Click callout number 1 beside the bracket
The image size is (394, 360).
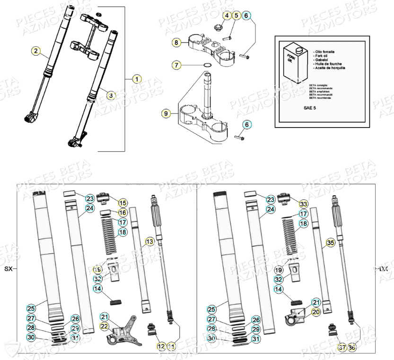[x=136, y=79]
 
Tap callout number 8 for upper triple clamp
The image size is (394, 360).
[x=176, y=43]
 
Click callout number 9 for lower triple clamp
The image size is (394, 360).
[x=166, y=113]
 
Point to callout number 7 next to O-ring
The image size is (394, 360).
[x=176, y=65]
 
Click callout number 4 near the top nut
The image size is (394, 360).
[x=227, y=16]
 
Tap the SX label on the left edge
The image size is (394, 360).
[x=8, y=268]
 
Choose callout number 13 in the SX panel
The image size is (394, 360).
[x=149, y=242]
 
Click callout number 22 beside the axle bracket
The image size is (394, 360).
[x=104, y=326]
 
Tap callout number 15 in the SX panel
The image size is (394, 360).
[x=123, y=203]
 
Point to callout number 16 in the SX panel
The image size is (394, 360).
[x=123, y=213]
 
